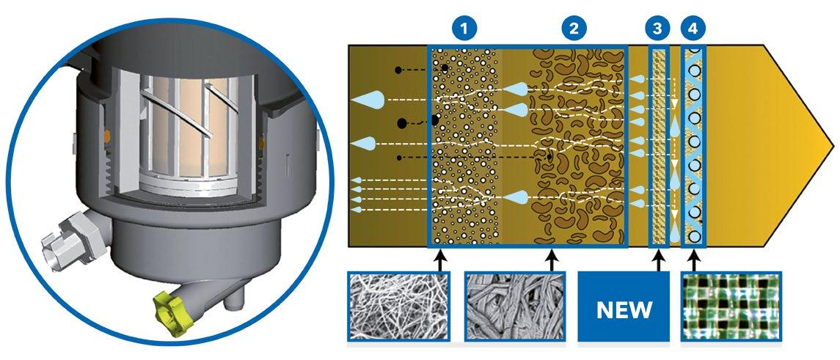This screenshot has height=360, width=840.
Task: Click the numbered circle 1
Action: click(x=464, y=29)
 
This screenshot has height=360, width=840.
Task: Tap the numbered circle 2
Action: click(x=573, y=29)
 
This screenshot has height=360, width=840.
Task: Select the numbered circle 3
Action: click(x=658, y=29)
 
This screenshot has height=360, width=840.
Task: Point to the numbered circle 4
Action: click(x=693, y=29)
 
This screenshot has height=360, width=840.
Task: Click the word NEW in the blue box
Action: click(x=624, y=309)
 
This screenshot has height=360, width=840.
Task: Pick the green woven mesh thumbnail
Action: click(x=731, y=307)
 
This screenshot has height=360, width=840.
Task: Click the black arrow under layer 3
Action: click(x=659, y=260)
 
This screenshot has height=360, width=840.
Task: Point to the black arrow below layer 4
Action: click(x=693, y=260)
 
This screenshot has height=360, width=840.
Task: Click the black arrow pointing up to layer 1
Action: click(x=439, y=260)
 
